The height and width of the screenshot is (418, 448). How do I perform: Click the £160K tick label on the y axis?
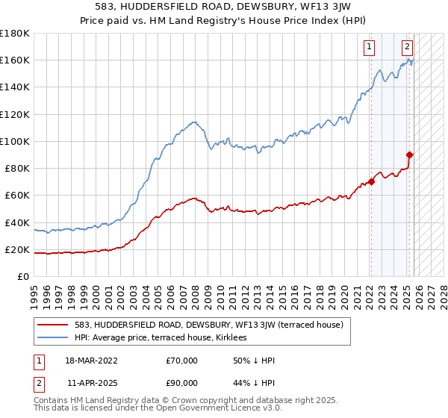point(15,60)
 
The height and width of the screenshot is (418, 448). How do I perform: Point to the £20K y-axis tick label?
point(17,249)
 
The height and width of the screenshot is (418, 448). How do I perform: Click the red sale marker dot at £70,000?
point(371,181)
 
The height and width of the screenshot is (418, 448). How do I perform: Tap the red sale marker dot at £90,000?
point(409,155)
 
